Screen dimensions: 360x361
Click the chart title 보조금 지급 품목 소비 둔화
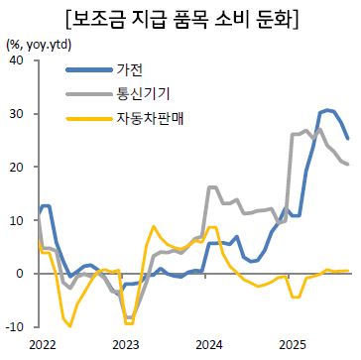[180, 18]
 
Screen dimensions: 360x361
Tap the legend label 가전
[129, 69]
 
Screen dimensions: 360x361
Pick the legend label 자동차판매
[150, 118]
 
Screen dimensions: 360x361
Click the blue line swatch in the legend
[86, 69]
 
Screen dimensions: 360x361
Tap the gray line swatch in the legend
[86, 93]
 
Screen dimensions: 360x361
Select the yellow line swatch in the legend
[86, 118]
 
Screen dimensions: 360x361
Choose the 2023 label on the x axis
[125, 344]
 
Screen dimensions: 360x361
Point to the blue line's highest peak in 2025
[327, 110]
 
